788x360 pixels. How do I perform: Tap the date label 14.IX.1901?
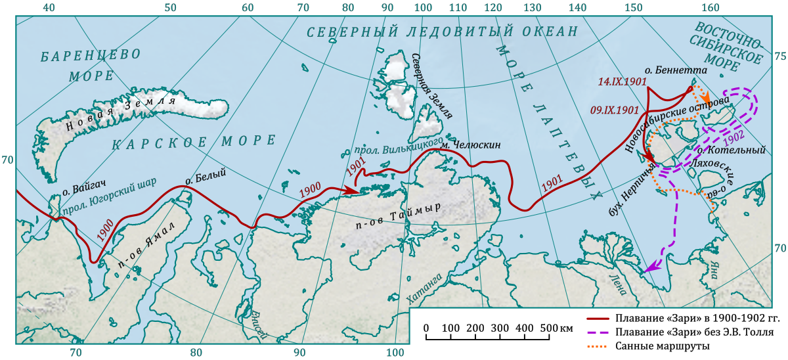click(623, 83)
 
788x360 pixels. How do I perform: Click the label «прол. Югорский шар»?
click(108, 198)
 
